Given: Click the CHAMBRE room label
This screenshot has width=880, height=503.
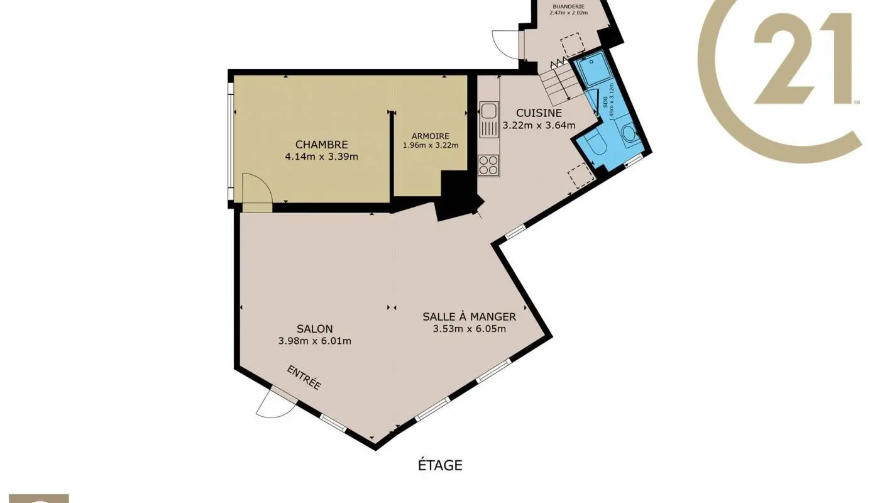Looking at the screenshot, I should coord(321,145).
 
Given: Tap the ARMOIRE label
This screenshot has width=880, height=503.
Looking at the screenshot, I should coord(430,136).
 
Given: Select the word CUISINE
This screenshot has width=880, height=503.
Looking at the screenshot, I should coord(539,113).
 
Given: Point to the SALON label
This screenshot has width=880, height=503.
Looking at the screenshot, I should coord(314,329).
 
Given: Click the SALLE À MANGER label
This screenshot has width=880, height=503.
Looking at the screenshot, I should coord(469,317).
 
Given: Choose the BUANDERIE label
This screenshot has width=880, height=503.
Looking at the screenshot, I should coord(568,6).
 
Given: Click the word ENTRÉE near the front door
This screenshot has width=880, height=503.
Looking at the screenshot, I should coord(304,377).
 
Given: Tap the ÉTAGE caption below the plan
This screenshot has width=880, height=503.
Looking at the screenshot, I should coord(440,465).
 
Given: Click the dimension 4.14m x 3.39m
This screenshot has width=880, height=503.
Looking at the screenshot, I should coord(321,157).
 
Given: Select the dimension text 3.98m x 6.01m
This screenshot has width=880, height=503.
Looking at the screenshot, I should coord(314,341).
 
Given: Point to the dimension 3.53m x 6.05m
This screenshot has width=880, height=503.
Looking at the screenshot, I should coord(469,328).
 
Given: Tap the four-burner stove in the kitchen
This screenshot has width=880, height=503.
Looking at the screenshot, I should coord(488,165).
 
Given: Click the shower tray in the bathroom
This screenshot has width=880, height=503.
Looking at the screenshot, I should coord(593,70).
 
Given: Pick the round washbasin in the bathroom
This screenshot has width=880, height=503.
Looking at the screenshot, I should coord(629,132).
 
